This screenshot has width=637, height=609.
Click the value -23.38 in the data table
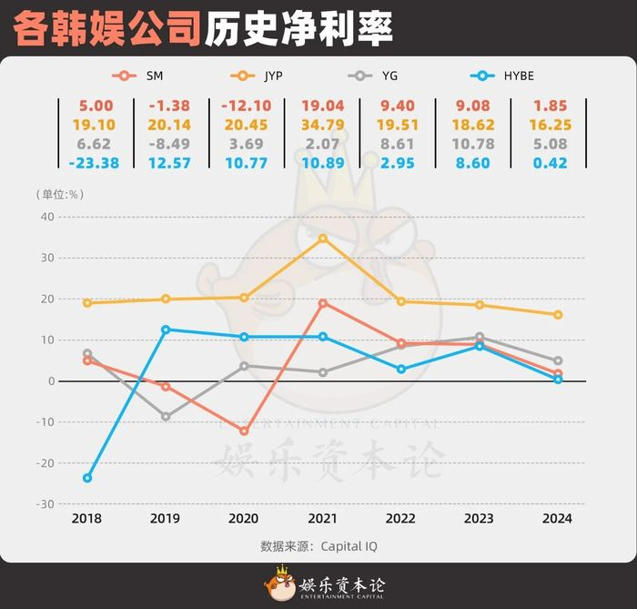click(95, 163)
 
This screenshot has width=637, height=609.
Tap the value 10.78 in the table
click(477, 144)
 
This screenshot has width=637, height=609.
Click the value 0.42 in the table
click(552, 163)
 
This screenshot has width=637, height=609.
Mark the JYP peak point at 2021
click(323, 239)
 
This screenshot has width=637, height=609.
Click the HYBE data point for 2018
click(87, 478)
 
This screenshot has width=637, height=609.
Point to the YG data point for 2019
click(166, 417)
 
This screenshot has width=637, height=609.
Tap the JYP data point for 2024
click(558, 315)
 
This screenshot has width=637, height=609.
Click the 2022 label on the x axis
click(401, 519)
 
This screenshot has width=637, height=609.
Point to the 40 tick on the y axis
click(46, 217)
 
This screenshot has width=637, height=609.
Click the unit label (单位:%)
click(61, 194)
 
